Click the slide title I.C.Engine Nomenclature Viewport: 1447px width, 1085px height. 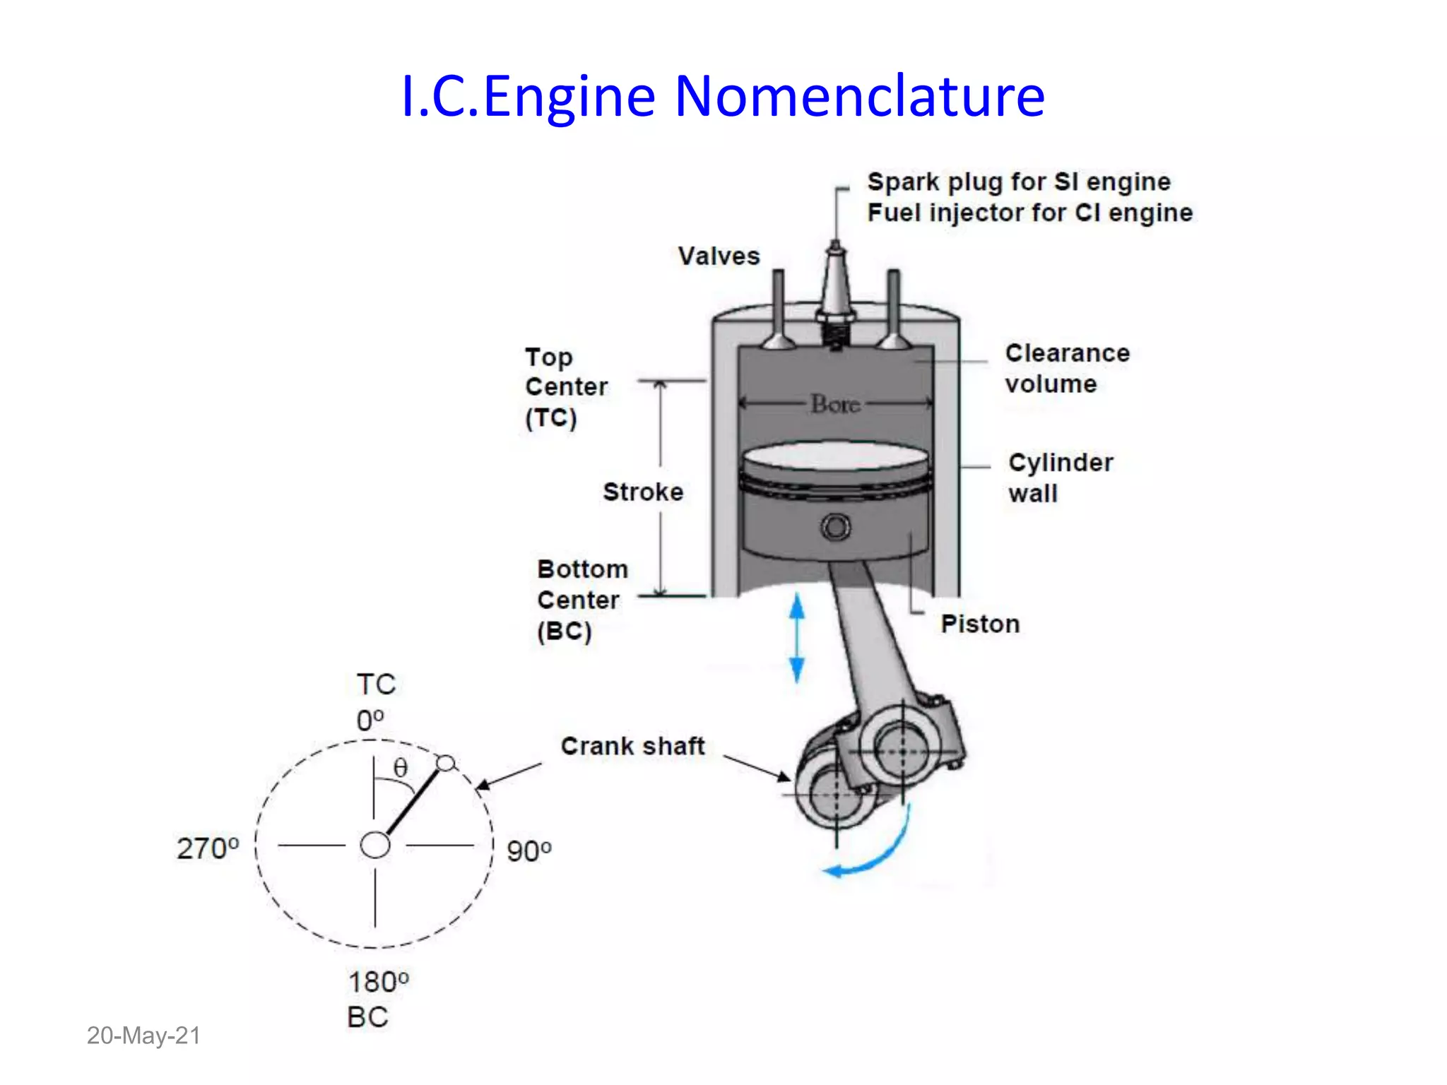point(722,96)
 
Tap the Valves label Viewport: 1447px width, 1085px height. point(719,256)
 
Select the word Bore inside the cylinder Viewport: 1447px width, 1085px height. point(835,404)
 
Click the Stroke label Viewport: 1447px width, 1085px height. point(643,492)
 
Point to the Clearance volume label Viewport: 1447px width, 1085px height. point(1067,368)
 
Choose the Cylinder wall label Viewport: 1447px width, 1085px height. point(1060,478)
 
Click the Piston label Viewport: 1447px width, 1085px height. point(980,624)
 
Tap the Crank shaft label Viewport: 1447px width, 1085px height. point(632,746)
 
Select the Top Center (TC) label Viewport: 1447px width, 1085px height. point(565,387)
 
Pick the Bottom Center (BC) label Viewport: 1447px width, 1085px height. point(581,600)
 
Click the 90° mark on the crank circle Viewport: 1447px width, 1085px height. point(528,850)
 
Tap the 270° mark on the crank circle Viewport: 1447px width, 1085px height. point(208,848)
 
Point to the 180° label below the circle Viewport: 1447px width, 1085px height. point(378,982)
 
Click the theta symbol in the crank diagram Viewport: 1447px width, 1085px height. point(401,768)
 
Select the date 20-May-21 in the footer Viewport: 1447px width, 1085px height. point(143,1036)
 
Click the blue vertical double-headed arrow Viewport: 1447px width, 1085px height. point(797,638)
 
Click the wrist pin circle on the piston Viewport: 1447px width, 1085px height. point(836,527)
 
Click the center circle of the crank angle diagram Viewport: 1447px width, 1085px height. point(374,845)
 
